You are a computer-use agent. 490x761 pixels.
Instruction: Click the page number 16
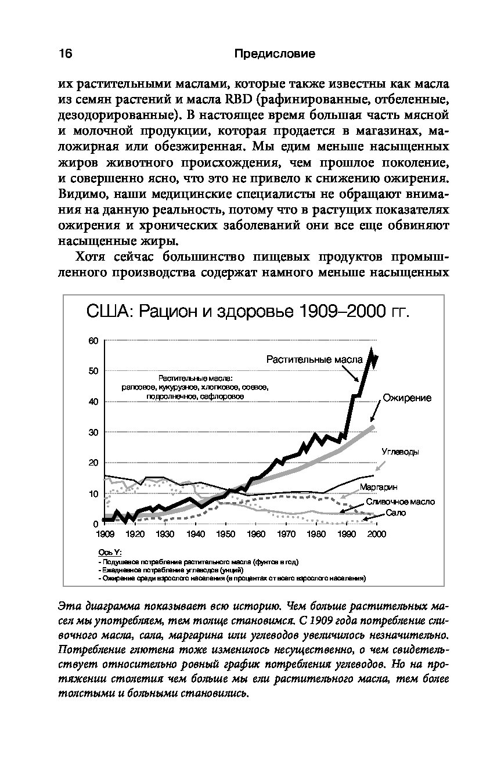pyautogui.click(x=64, y=54)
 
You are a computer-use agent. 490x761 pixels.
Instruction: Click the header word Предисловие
pyautogui.click(x=275, y=54)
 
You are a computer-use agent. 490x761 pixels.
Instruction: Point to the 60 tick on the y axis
pyautogui.click(x=93, y=340)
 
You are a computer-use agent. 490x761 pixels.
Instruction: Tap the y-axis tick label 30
pyautogui.click(x=93, y=432)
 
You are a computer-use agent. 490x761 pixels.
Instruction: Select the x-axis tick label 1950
pyautogui.click(x=225, y=533)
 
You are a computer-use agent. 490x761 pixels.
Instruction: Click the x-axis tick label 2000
pyautogui.click(x=376, y=533)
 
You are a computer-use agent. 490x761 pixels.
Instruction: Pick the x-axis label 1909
pyautogui.click(x=105, y=533)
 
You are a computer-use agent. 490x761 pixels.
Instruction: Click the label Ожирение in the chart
pyautogui.click(x=406, y=398)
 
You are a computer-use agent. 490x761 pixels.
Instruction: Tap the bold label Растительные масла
pyautogui.click(x=314, y=359)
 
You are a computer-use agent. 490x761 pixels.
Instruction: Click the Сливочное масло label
pyautogui.click(x=400, y=502)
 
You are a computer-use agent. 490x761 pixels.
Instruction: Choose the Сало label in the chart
pyautogui.click(x=395, y=513)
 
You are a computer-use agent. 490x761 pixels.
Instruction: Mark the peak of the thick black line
pyautogui.click(x=372, y=350)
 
